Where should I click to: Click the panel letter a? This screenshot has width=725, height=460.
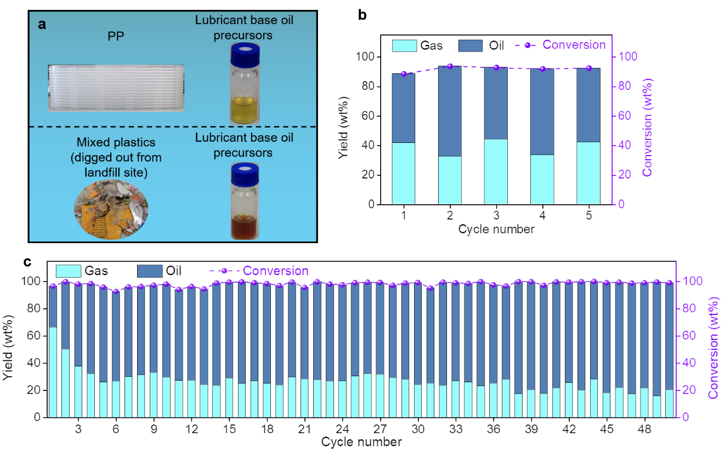42,25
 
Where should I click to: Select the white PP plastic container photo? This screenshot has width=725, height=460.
116,88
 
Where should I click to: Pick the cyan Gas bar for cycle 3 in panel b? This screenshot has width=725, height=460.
496,171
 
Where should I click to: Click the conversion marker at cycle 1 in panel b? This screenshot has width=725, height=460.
404,74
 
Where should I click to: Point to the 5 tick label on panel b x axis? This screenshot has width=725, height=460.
588,216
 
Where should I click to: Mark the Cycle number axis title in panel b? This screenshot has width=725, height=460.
496,229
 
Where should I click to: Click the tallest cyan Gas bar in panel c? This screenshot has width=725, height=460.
53,372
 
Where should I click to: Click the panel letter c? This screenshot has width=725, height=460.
27,262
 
